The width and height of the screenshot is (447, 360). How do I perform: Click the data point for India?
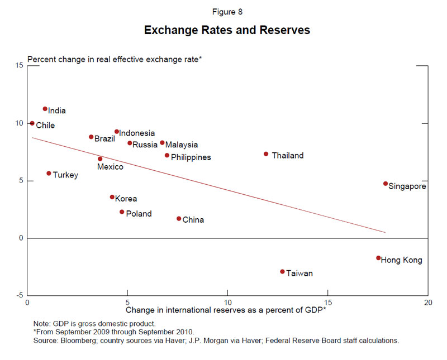tap(45, 109)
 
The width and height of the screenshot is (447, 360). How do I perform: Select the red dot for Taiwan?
tap(283, 272)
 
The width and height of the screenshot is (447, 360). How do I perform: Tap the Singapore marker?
tap(386, 184)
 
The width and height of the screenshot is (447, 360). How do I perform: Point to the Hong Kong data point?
tap(378, 258)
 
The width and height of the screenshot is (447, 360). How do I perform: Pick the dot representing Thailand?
tap(266, 154)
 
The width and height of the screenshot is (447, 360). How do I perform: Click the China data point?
tap(179, 219)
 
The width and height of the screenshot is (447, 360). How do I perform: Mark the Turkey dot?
tap(49, 174)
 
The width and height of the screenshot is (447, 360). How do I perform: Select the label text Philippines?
tap(191, 157)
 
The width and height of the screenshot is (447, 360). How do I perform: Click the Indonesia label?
tap(137, 133)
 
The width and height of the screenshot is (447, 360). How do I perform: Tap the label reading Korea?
tap(126, 199)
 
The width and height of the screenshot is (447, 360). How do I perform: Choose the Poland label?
tap(139, 214)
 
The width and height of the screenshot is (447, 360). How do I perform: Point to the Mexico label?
tap(110, 167)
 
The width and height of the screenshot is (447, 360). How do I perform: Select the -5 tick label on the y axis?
tap(19, 295)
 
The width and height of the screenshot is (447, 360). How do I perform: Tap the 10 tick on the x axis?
tap(227, 302)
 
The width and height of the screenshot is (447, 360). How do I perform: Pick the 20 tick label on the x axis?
tap(427, 302)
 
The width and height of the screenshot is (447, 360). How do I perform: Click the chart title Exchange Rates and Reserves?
tap(227, 30)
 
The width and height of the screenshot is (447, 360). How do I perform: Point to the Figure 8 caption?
tap(227, 12)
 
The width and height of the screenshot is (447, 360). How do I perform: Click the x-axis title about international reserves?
tap(226, 310)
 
